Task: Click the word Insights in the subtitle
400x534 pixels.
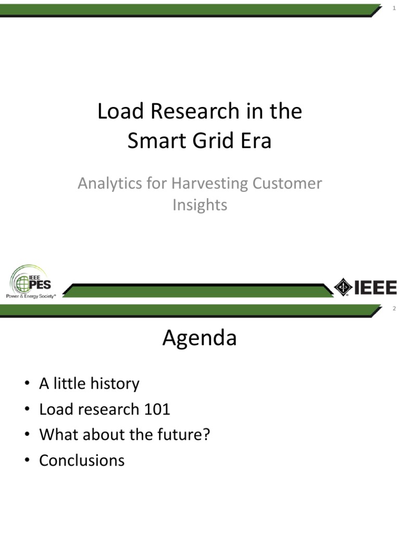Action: coord(200,205)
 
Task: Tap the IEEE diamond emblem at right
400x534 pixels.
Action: coord(343,287)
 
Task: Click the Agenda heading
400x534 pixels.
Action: coord(199,338)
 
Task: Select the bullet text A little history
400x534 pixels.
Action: coord(89,384)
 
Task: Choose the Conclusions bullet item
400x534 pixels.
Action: coord(82,460)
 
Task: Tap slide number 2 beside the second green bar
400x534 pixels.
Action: coord(394,309)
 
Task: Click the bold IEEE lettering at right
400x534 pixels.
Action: coord(376,287)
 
